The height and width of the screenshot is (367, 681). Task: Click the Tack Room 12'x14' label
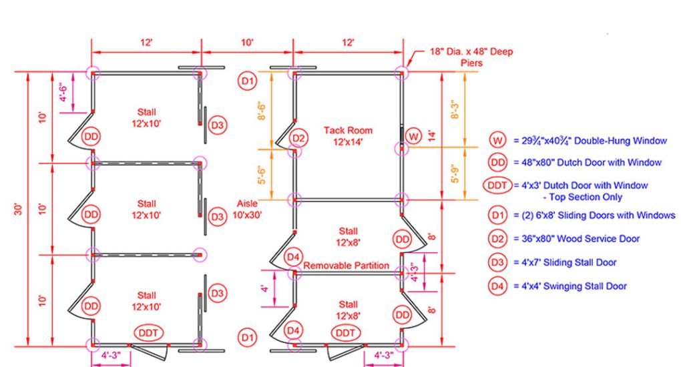(348, 136)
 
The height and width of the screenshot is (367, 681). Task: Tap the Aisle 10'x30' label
(247, 209)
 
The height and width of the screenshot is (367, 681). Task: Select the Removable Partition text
(346, 266)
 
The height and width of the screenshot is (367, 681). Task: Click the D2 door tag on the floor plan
(298, 138)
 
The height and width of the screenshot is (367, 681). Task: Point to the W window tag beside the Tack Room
(413, 136)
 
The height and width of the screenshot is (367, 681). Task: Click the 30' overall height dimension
(19, 209)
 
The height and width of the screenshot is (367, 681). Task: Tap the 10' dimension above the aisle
(247, 43)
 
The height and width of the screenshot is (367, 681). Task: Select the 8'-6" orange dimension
(262, 111)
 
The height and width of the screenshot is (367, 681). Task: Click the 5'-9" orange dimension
(455, 173)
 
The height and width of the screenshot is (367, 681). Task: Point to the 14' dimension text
(432, 136)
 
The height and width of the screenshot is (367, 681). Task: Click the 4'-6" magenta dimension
(63, 93)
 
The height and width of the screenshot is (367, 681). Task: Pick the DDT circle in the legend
(497, 186)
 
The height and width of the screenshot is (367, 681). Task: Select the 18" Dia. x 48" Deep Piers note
(471, 57)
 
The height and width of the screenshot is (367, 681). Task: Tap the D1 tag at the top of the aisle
(247, 81)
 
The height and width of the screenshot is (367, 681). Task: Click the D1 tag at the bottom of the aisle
(247, 338)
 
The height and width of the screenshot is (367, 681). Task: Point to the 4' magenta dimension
(265, 288)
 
